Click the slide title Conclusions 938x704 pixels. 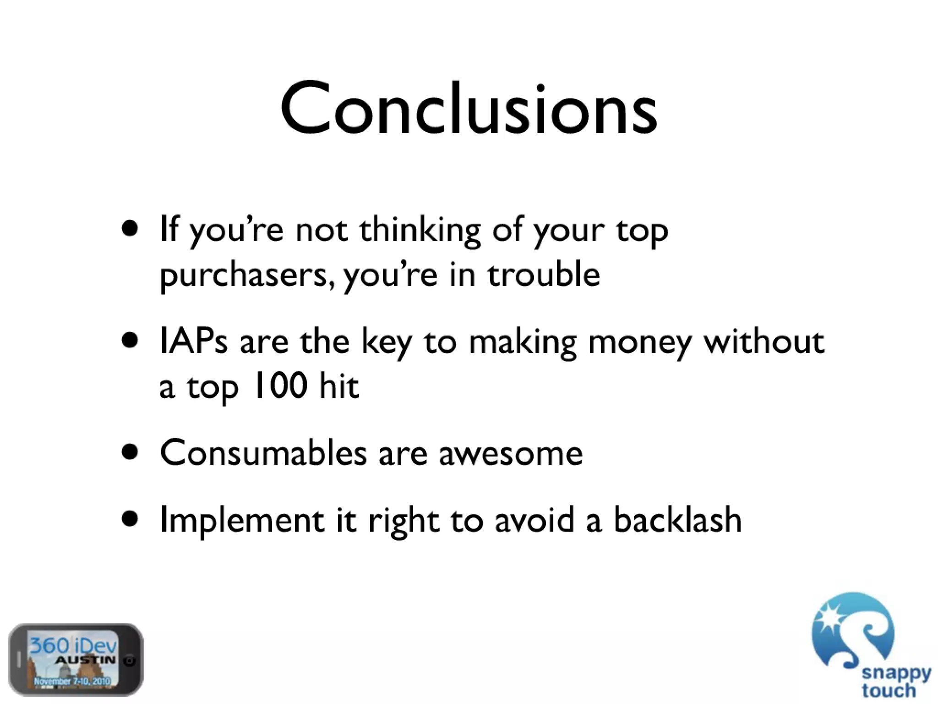pos(469,110)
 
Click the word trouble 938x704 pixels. pos(544,275)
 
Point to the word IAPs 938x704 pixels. pos(193,342)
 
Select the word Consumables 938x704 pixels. pos(263,453)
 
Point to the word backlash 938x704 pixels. pos(677,520)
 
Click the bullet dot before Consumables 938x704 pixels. pos(130,453)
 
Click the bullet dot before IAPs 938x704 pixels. pos(130,341)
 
